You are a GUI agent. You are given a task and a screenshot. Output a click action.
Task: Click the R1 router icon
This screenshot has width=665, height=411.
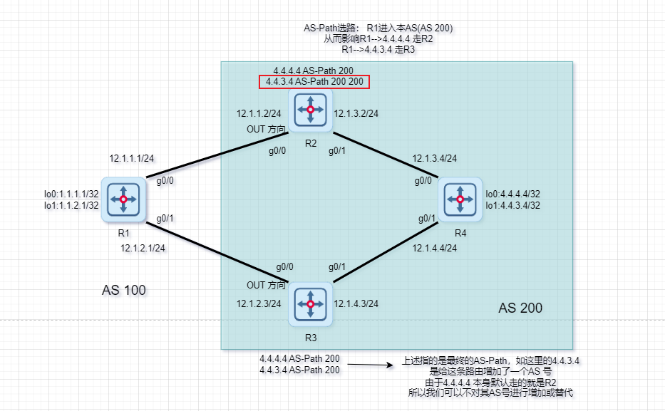[123, 199]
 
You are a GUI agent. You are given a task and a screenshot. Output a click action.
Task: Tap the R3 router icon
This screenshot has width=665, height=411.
[310, 304]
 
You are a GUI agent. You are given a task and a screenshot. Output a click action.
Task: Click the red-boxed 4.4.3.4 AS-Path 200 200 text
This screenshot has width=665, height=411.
[314, 82]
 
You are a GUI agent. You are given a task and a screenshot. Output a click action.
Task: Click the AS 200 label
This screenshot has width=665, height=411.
[520, 308]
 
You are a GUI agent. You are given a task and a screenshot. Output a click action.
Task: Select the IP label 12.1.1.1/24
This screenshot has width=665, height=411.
[133, 159]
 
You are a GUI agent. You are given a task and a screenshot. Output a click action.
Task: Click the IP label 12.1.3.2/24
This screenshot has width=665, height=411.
[356, 114]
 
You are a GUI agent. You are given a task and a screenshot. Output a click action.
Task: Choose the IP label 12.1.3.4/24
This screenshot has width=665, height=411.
[434, 159]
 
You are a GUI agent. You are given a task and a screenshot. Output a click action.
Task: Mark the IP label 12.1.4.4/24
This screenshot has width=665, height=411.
[434, 248]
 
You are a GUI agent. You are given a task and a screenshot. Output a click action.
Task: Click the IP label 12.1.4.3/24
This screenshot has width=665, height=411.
[356, 303]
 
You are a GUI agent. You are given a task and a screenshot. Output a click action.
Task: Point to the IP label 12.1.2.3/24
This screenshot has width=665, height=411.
[259, 303]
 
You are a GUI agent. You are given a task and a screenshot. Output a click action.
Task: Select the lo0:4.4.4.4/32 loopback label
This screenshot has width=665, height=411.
[512, 194]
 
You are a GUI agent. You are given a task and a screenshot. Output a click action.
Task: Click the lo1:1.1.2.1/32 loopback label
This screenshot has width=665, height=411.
[71, 205]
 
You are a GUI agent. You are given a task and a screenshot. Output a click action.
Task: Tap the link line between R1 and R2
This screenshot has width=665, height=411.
[214, 155]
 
